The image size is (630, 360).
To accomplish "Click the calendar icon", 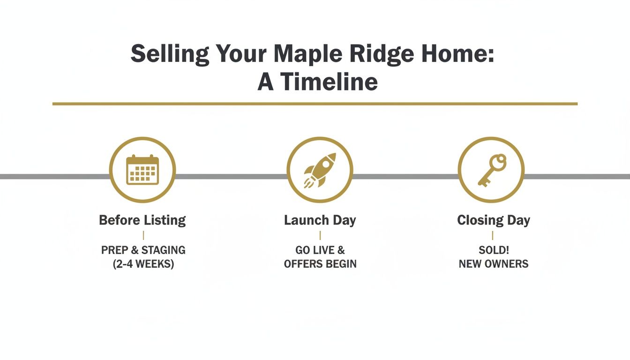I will click(x=142, y=170).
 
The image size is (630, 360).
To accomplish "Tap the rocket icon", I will click(x=320, y=170).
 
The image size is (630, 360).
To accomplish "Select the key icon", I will click(x=491, y=170).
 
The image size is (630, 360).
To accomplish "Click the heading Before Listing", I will click(x=142, y=220).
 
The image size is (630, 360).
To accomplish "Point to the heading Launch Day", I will click(x=320, y=220).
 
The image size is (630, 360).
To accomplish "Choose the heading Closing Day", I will click(x=493, y=220).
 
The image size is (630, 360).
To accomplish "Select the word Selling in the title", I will click(x=169, y=54).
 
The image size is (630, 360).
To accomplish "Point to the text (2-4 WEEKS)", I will click(x=143, y=264).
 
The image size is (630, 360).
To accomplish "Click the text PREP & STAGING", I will click(x=143, y=250).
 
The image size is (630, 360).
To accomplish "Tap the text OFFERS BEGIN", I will click(x=320, y=264).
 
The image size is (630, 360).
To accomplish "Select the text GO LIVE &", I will click(x=320, y=250).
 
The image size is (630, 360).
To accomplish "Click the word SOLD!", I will click(x=493, y=250).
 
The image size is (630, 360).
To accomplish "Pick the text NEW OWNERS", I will click(x=493, y=264).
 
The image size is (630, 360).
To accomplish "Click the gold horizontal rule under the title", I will click(x=315, y=103).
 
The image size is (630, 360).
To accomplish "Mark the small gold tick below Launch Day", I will click(x=320, y=235).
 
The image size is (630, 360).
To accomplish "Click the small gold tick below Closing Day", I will click(x=493, y=235).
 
